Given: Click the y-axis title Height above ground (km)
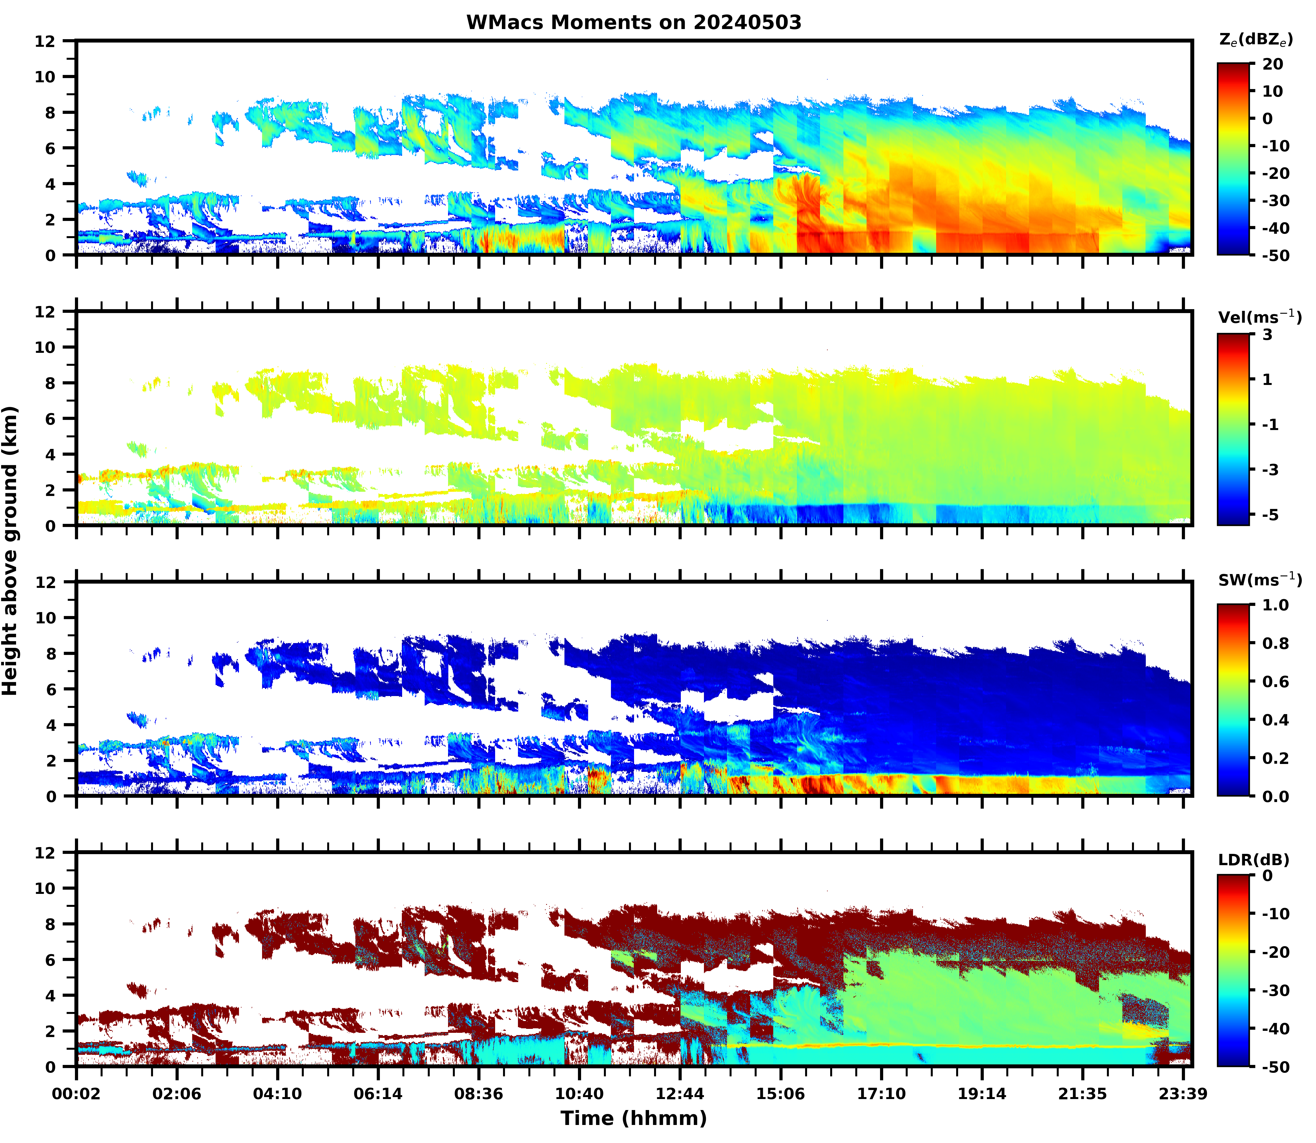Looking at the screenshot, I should point(10,550).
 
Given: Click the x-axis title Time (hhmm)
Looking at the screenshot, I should point(633,1118).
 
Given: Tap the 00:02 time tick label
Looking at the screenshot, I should point(77,1094).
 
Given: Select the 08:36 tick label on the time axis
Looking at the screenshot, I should point(478,1094).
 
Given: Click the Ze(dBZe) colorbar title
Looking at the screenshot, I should point(1255,40).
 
